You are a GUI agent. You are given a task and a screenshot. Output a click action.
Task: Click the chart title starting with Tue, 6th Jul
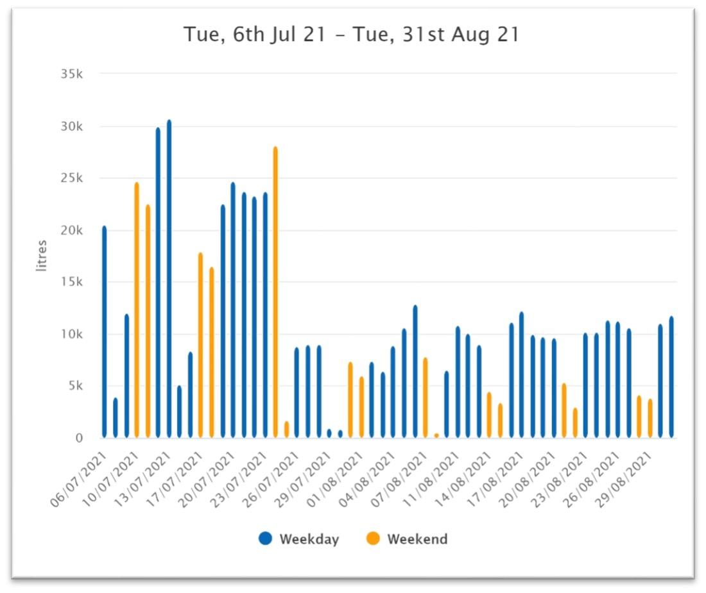click(351, 35)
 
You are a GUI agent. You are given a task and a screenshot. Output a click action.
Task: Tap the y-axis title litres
click(42, 255)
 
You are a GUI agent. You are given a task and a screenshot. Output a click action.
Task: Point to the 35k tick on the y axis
click(71, 74)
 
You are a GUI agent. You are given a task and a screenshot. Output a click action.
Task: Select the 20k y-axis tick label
click(71, 230)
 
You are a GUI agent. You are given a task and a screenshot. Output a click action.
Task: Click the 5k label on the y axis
click(74, 386)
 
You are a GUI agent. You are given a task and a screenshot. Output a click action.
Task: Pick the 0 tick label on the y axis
click(79, 438)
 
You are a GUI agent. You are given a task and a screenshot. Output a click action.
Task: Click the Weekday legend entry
click(298, 539)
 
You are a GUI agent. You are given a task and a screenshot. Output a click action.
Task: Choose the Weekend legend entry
click(407, 539)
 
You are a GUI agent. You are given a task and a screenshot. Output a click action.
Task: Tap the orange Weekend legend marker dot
click(373, 539)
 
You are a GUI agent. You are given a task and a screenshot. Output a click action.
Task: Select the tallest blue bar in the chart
click(169, 279)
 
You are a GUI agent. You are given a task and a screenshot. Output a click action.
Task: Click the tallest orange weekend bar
click(275, 292)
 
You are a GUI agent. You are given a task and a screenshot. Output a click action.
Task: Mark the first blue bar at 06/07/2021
click(105, 332)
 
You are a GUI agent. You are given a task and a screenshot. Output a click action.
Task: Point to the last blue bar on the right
click(671, 378)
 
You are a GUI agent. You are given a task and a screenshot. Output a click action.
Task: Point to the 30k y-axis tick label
click(71, 126)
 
